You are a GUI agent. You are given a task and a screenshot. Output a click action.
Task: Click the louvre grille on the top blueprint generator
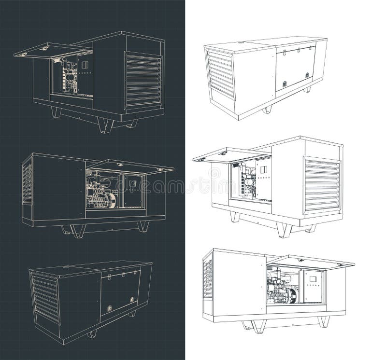pos(143,80)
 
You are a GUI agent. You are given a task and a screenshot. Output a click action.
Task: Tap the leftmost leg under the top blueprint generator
pos(56,112)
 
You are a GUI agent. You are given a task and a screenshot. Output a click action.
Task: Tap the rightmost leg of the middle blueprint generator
pos(143,225)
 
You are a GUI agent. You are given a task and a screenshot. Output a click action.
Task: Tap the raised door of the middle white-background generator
pos(232,154)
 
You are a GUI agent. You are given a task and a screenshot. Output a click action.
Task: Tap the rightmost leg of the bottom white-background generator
pos(323,321)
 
